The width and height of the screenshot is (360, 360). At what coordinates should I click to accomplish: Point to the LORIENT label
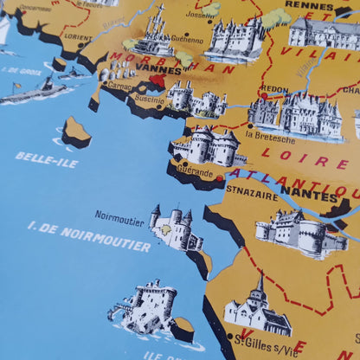(78, 39)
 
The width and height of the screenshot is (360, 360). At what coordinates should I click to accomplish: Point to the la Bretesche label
(270, 138)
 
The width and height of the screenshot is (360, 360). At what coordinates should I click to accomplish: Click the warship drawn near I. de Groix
(35, 90)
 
